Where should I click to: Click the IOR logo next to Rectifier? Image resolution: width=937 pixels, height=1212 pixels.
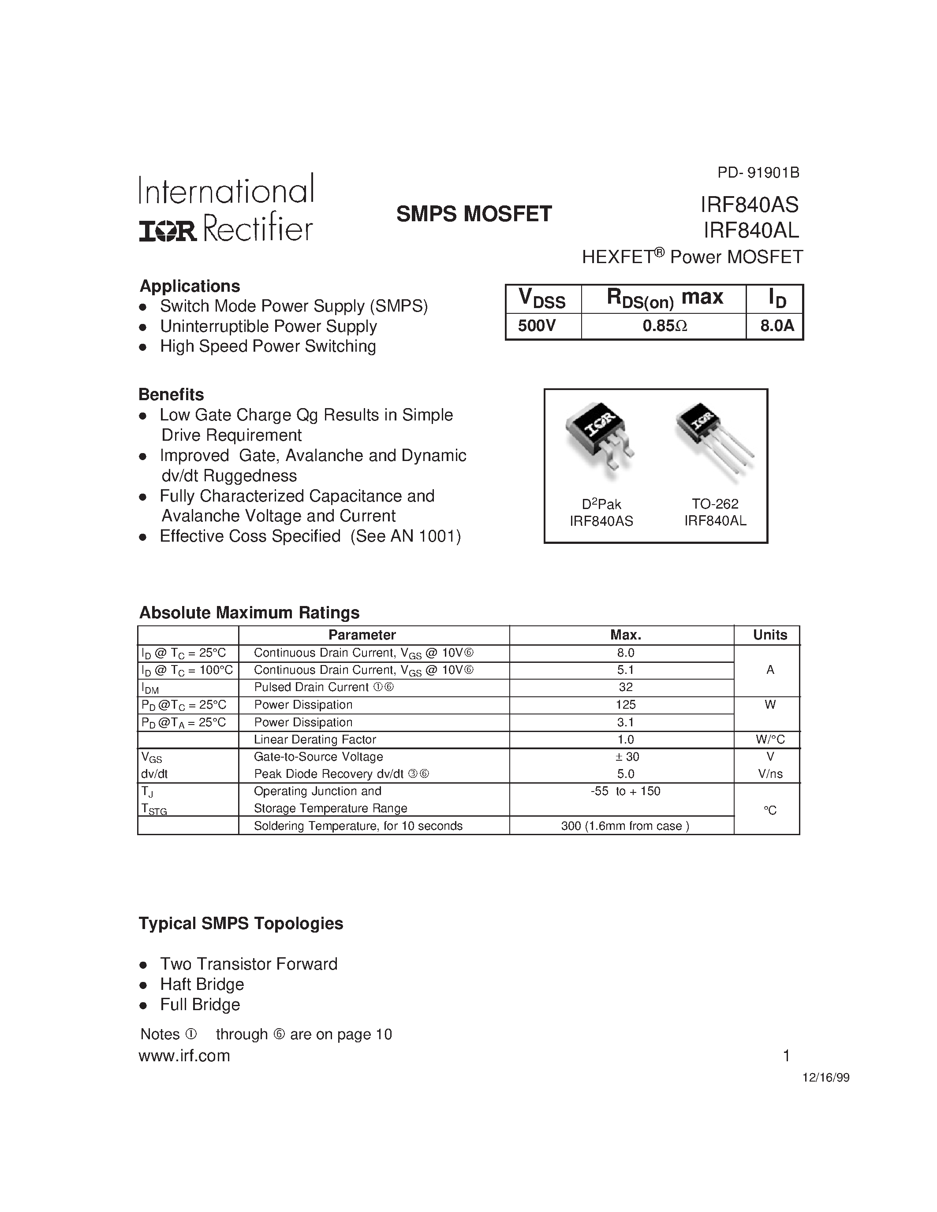[167, 231]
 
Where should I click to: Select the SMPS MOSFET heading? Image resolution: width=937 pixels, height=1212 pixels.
[474, 214]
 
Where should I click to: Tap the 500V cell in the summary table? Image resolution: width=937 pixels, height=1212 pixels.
[536, 326]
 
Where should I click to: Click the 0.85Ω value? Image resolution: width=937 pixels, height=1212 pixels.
[664, 326]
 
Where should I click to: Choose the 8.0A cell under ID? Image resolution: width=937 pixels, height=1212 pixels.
[776, 326]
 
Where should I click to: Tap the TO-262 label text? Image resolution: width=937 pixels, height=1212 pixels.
[714, 504]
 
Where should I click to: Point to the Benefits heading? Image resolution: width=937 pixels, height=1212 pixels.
[171, 394]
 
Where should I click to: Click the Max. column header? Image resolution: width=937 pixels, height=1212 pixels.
[626, 635]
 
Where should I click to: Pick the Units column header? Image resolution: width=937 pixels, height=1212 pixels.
[769, 635]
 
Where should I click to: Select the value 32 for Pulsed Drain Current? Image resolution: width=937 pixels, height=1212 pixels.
[626, 687]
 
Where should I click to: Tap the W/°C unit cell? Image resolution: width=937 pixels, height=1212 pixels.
[770, 739]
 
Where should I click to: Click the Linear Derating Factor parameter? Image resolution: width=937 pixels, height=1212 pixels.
[315, 739]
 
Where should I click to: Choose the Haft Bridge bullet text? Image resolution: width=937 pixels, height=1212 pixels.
[202, 984]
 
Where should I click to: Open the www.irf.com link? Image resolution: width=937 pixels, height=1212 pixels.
[184, 1056]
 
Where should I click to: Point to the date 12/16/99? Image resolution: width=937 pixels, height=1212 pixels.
[825, 1078]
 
